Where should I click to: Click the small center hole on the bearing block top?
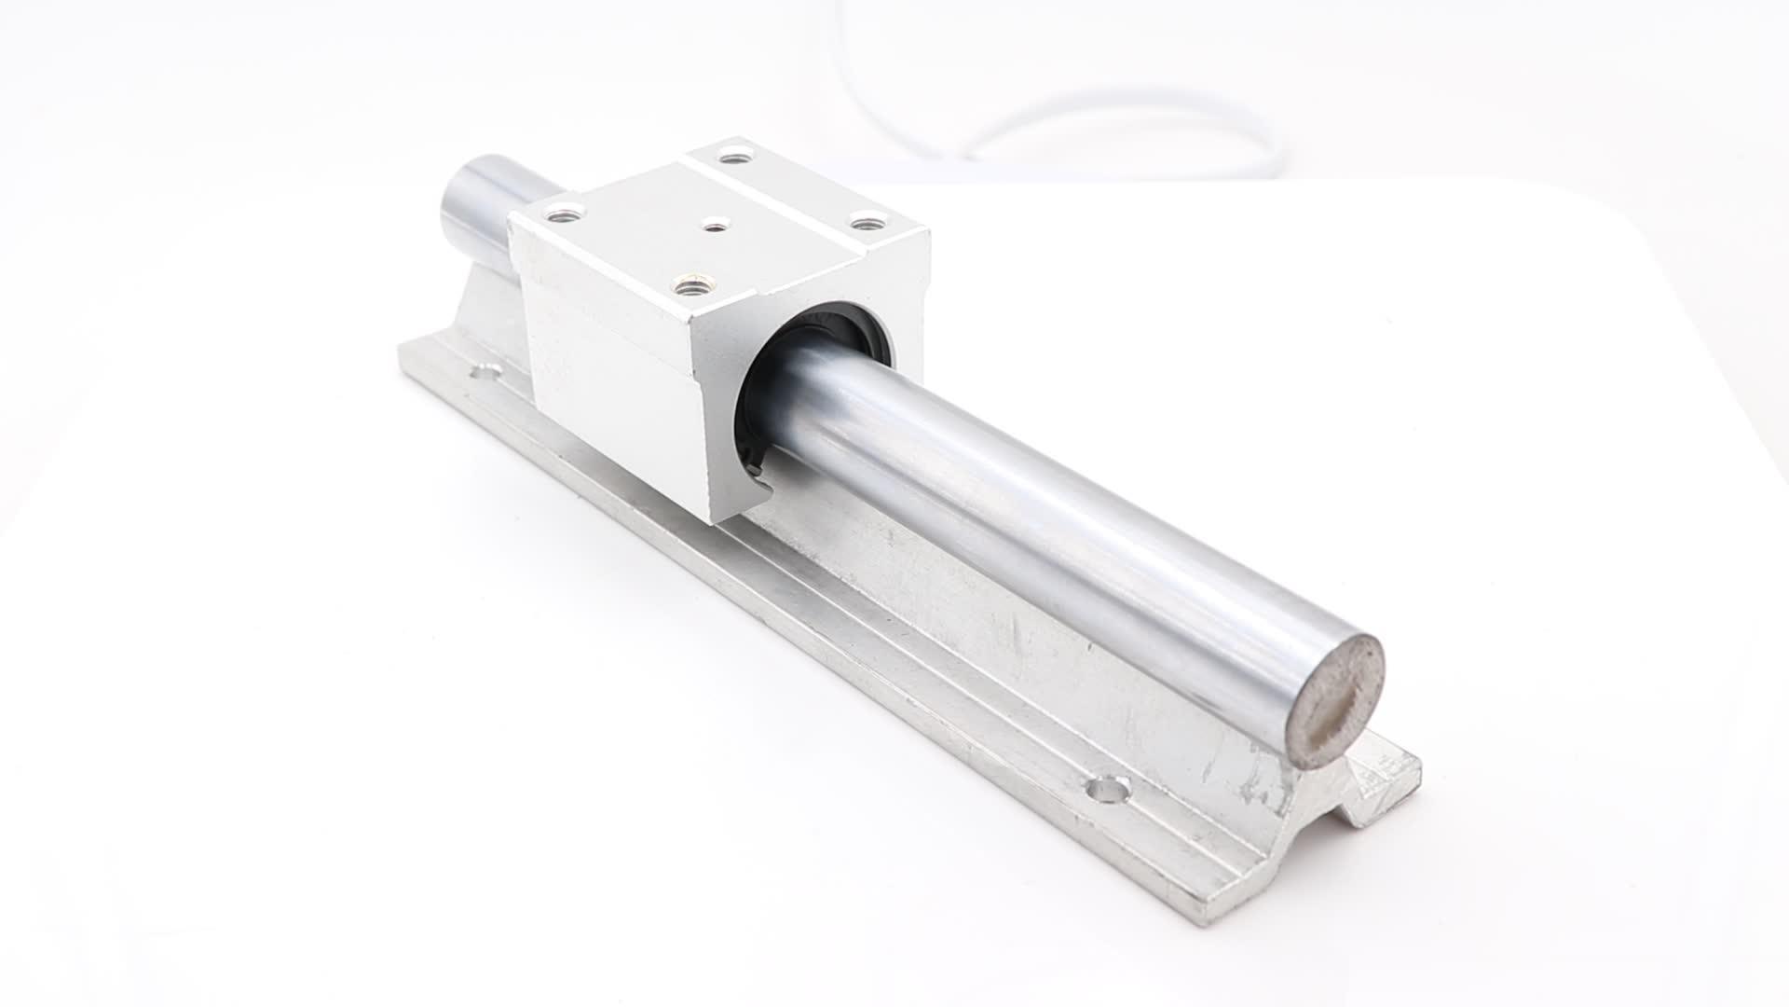[x=714, y=225]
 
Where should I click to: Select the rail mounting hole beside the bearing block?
[x=484, y=373]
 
